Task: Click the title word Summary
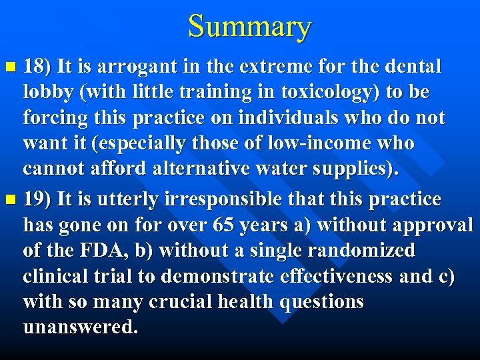[x=249, y=27]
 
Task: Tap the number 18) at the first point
[x=37, y=67]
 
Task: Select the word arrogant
[x=125, y=67]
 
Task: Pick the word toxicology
[x=315, y=92]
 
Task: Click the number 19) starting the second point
[x=37, y=199]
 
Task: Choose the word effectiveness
[x=326, y=277]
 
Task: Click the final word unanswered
[x=80, y=327]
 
